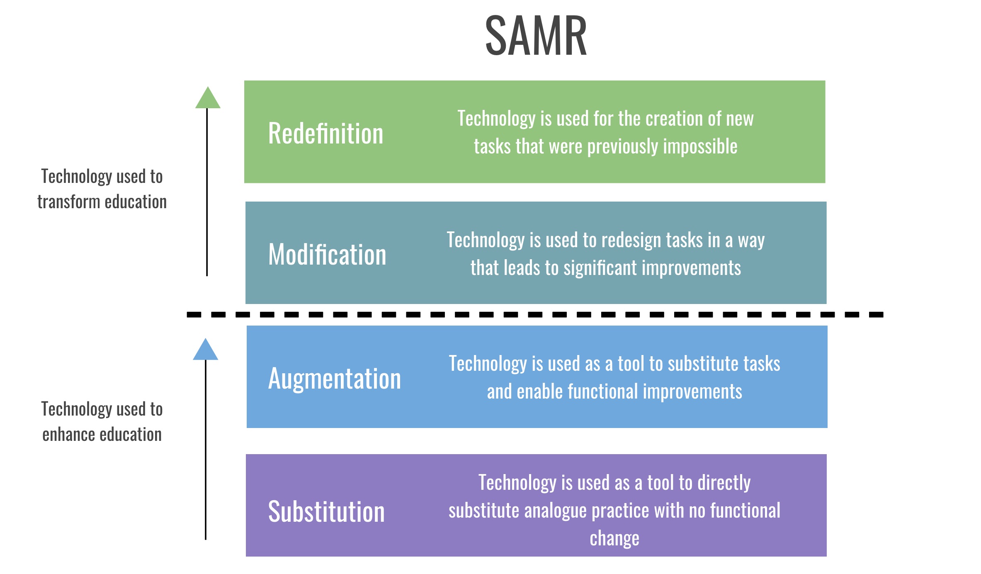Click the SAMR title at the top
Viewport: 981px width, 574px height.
click(536, 36)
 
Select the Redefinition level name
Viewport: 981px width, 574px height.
click(325, 134)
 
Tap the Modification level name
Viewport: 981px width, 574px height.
click(327, 254)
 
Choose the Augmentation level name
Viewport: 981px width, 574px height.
click(334, 379)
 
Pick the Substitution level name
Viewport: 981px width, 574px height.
click(326, 511)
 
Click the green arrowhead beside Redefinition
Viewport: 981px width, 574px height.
click(208, 99)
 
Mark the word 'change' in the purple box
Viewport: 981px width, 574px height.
click(614, 538)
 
